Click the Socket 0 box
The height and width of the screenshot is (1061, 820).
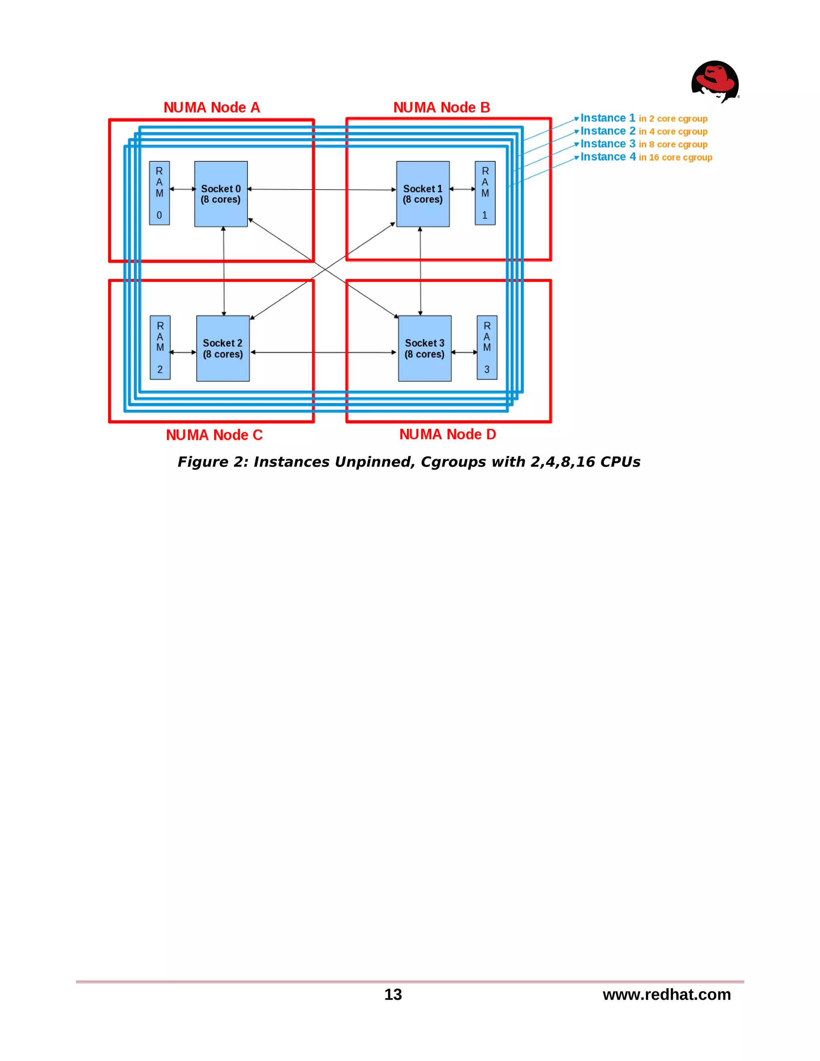[221, 194]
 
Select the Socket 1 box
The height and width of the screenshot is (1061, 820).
[423, 194]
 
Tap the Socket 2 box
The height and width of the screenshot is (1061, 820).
[223, 348]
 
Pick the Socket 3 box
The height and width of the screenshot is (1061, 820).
[424, 348]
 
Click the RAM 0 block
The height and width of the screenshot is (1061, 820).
[159, 193]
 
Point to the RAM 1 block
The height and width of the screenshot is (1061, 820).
[485, 193]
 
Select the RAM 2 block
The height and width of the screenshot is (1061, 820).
[160, 348]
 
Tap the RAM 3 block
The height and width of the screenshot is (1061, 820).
[487, 348]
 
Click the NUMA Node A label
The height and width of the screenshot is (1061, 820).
[212, 107]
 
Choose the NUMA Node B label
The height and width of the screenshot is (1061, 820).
[442, 107]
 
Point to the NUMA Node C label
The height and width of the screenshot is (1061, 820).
[214, 435]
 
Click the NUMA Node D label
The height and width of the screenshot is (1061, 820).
[447, 434]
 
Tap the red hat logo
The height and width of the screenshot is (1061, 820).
[715, 82]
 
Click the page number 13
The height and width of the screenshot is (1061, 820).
[393, 995]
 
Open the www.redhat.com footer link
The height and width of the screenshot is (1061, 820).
[667, 995]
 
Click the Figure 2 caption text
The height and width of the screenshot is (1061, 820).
[408, 462]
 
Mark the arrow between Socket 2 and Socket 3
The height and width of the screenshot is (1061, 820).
[324, 352]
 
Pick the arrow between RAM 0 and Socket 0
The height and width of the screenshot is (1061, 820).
[182, 189]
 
